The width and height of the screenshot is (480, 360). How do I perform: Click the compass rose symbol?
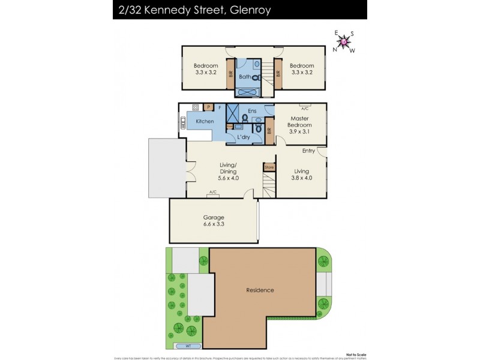344,42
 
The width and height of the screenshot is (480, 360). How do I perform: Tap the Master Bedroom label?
300,125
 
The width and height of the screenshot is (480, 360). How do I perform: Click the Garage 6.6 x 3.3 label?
214,221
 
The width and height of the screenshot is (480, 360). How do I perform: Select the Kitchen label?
205,122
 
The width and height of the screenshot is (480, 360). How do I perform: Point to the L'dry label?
244,137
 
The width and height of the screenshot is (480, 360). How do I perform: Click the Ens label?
252,111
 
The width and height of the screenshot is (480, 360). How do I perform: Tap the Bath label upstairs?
245,77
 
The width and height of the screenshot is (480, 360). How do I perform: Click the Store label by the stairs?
269,167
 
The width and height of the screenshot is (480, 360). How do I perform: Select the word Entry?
308,151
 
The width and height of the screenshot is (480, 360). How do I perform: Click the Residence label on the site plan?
260,290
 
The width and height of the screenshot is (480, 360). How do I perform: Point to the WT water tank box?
189,346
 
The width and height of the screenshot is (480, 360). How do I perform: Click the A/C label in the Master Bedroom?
305,108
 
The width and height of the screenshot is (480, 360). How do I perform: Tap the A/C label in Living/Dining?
213,193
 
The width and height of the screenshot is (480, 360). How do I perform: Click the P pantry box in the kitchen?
208,107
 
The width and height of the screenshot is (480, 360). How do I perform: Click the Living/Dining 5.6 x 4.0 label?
211,175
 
